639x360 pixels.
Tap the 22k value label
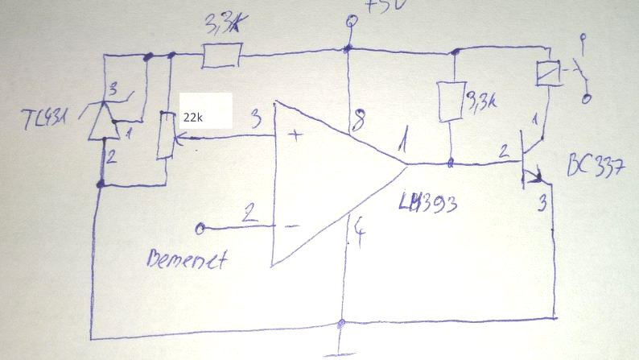coord(193,117)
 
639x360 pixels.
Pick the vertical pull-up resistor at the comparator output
coord(449,101)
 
